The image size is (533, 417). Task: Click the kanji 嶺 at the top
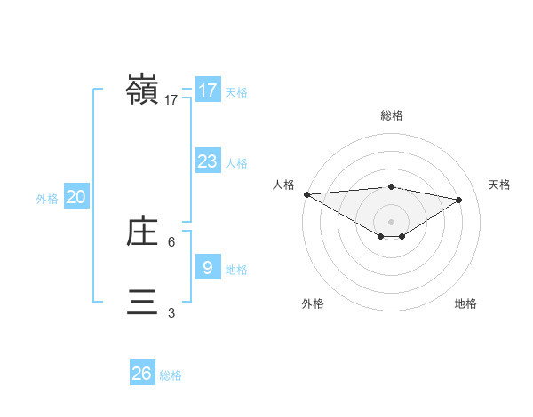pos(142,90)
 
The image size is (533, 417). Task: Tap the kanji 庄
pos(142,232)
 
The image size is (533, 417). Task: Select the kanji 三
pos(142,302)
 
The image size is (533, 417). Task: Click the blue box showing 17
pos(207,90)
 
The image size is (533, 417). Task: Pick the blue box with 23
pos(207,161)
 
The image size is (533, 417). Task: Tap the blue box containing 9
pos(207,267)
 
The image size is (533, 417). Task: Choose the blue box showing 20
pos(76,197)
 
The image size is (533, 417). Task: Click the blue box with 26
pos(141,374)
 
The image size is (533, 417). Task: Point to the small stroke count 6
pos(171,241)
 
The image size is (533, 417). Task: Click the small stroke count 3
pos(171,312)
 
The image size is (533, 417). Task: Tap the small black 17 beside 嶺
pos(171,100)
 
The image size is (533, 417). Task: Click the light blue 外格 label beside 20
pos(47,199)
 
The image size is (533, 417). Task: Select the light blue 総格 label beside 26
pos(171,375)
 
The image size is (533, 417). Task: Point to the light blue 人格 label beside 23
pos(236,163)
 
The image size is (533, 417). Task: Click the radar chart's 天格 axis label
pos(499,185)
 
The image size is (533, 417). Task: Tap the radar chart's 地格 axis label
pos(465,303)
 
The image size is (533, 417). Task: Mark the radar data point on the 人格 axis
pos(306,194)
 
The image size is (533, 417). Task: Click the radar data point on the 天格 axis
pos(459,200)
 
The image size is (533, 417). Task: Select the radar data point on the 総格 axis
pos(391,186)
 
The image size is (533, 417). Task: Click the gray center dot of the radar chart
pos(391,220)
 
